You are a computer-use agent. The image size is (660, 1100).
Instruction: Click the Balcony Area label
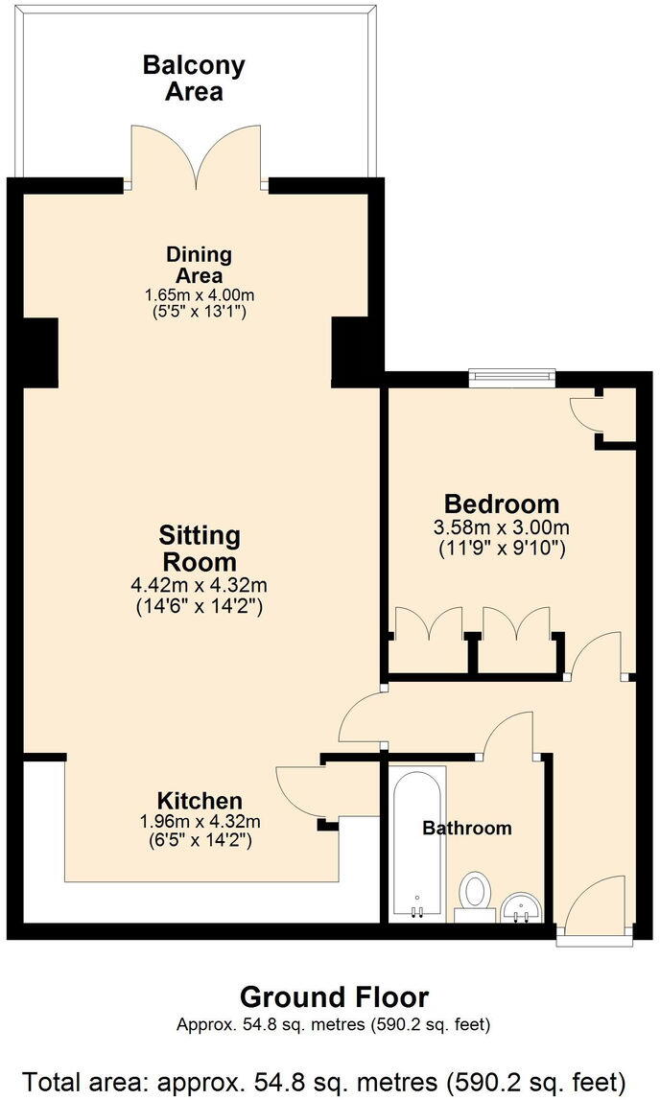coord(194,79)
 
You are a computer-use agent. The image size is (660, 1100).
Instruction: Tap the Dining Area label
coord(200,265)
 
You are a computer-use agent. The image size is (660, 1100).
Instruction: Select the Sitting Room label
coord(200,548)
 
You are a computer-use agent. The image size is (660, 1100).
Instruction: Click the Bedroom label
coord(501,503)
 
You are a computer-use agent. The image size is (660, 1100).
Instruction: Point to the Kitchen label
coord(200,801)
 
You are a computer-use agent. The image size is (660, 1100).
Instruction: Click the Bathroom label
coord(467,828)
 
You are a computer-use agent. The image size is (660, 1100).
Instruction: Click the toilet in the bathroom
coord(474,893)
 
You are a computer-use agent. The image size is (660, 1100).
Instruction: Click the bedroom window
coord(511,378)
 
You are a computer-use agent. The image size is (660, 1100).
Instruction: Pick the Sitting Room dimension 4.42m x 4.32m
coord(200,583)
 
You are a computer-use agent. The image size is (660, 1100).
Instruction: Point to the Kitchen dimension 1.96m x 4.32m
coord(200,821)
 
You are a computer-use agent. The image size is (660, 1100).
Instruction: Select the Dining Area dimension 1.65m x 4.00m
coord(200,293)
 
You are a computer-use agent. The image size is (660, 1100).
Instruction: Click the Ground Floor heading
coord(334,996)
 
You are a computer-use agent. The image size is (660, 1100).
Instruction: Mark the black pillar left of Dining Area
coord(40,351)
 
